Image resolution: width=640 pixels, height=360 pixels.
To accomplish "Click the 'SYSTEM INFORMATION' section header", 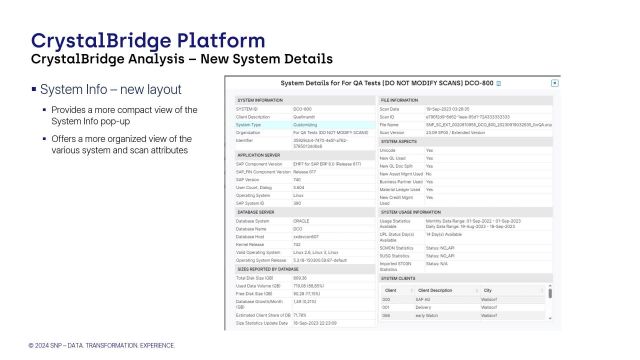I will coord(260,101).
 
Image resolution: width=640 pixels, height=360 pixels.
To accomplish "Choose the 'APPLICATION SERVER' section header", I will coord(258,156).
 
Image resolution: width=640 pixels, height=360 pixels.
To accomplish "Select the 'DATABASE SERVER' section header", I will coord(255,212).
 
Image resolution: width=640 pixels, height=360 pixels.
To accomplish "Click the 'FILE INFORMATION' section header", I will coord(403,101).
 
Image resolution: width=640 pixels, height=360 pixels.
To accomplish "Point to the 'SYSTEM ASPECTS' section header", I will coord(401,142).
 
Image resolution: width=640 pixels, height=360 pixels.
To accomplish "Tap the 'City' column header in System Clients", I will coord(543,291).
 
